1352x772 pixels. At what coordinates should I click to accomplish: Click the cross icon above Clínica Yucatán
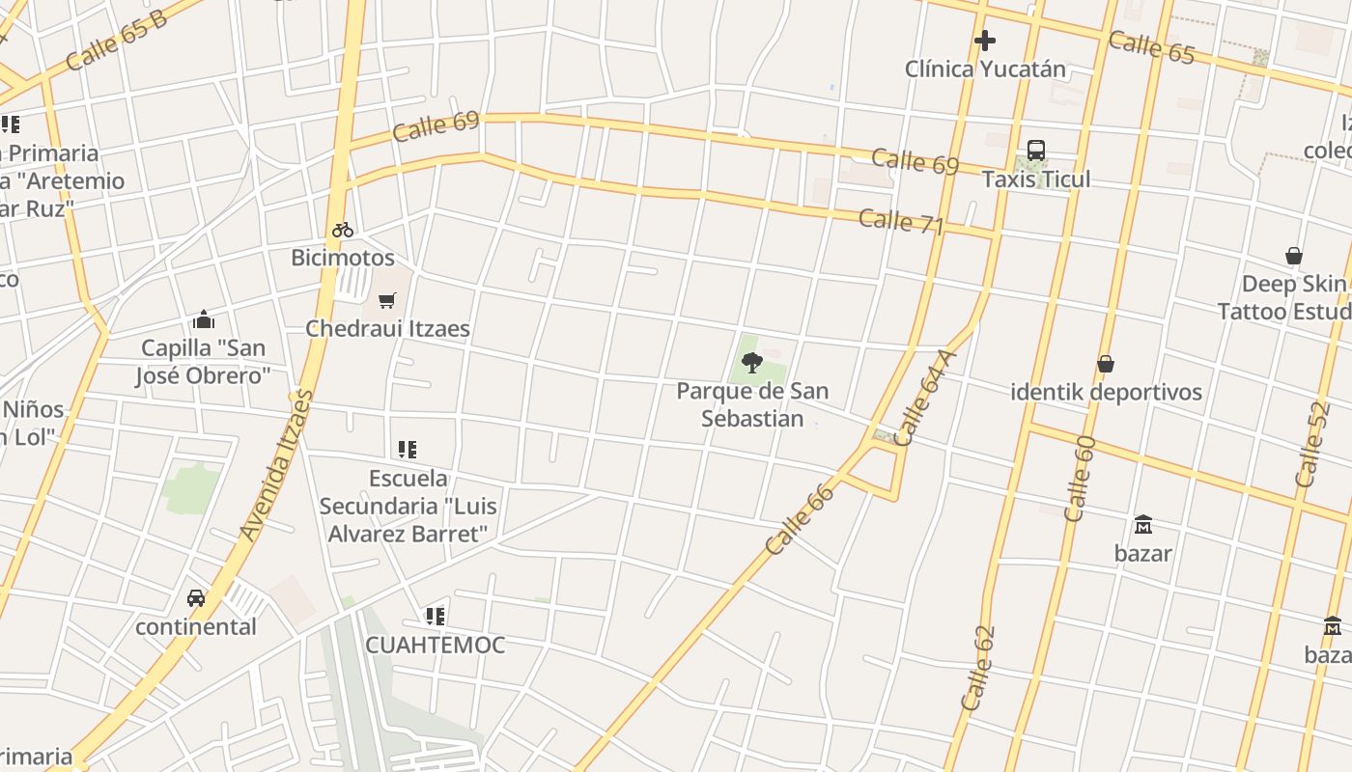(x=984, y=41)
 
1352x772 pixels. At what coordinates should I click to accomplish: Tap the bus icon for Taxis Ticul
(x=1036, y=151)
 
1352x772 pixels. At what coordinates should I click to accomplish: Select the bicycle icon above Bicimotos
(x=343, y=230)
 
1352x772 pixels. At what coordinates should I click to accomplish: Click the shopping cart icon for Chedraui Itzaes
(x=387, y=300)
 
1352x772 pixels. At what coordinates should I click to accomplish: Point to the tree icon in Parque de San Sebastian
(x=752, y=363)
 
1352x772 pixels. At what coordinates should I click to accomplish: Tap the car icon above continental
(x=196, y=598)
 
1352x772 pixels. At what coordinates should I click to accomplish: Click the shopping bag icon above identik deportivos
(x=1106, y=364)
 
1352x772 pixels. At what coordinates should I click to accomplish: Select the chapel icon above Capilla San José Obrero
(x=203, y=319)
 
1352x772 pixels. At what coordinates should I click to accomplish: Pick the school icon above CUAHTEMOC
(x=436, y=616)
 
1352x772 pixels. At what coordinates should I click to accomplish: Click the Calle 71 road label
(x=900, y=221)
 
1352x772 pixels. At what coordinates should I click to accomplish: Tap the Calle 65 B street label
(x=117, y=41)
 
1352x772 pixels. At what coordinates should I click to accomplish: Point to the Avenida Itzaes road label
(x=277, y=464)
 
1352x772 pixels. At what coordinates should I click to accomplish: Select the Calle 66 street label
(x=799, y=519)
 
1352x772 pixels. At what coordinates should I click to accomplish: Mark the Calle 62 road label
(x=977, y=669)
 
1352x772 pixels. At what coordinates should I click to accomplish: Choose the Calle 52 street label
(x=1313, y=444)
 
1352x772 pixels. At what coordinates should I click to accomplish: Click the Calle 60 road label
(x=1080, y=479)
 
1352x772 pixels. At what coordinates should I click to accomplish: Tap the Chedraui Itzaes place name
(x=387, y=328)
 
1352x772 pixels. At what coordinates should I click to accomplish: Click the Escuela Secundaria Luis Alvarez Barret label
(x=408, y=506)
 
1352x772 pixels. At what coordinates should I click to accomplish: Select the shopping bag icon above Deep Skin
(x=1294, y=256)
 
